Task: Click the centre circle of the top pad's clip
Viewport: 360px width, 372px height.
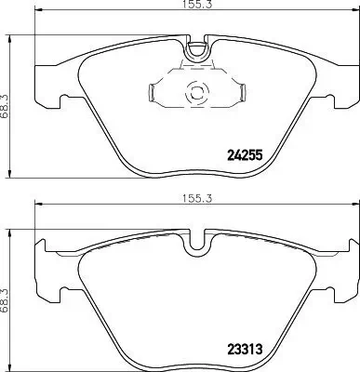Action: point(195,93)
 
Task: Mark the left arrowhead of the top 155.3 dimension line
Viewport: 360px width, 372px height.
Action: point(37,17)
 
